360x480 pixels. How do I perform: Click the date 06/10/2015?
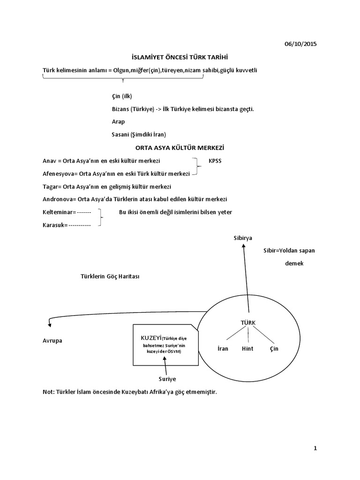[300, 44]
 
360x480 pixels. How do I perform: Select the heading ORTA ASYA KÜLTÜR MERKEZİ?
[180, 148]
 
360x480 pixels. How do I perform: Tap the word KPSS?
[216, 161]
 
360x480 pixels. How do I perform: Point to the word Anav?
[49, 161]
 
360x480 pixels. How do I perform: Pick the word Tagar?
[50, 187]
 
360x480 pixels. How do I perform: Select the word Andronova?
[58, 199]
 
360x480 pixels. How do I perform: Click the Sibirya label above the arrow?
[243, 238]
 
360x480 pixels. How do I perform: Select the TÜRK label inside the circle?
[248, 322]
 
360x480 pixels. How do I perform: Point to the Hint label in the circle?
[247, 349]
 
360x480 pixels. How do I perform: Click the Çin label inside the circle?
[274, 349]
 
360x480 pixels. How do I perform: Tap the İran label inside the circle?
[223, 349]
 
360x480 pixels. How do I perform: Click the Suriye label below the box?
[167, 378]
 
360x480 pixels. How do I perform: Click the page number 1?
[315, 449]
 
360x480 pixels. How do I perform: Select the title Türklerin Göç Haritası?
[107, 276]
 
